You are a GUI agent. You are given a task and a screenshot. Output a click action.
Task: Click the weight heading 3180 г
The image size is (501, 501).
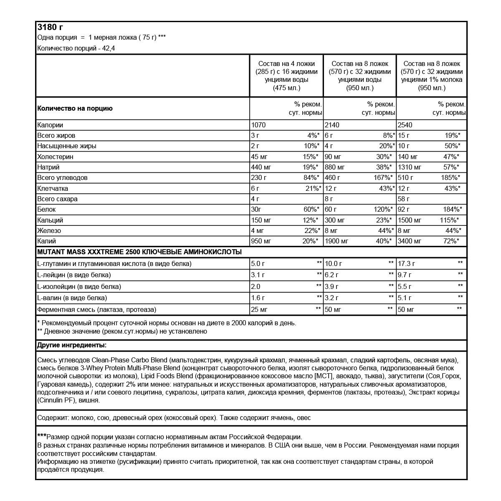pyautogui.click(x=50, y=27)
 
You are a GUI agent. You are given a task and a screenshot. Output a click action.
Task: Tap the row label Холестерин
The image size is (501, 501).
pyautogui.click(x=55, y=157)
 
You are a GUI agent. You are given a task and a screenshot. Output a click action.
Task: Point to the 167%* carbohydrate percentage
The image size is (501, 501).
pyautogui.click(x=382, y=177)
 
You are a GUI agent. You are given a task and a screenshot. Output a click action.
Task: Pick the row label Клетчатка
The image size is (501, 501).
pyautogui.click(x=53, y=188)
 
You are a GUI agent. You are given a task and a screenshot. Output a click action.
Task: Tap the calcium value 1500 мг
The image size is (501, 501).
pyautogui.click(x=410, y=220)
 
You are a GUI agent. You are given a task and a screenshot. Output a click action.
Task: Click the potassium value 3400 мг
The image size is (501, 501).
pyautogui.click(x=410, y=241)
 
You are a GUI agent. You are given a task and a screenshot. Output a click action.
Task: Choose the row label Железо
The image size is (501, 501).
pyautogui.click(x=49, y=230)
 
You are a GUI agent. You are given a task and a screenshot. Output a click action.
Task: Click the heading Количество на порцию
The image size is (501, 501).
pyautogui.click(x=75, y=109)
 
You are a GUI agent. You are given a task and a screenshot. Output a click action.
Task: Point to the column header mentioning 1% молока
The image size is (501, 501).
pyautogui.click(x=432, y=76)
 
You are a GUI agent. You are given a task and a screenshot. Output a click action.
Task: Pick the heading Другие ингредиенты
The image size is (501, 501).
pyautogui.click(x=71, y=345)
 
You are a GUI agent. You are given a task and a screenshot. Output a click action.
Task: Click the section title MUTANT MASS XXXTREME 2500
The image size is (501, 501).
pyautogui.click(x=89, y=252)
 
